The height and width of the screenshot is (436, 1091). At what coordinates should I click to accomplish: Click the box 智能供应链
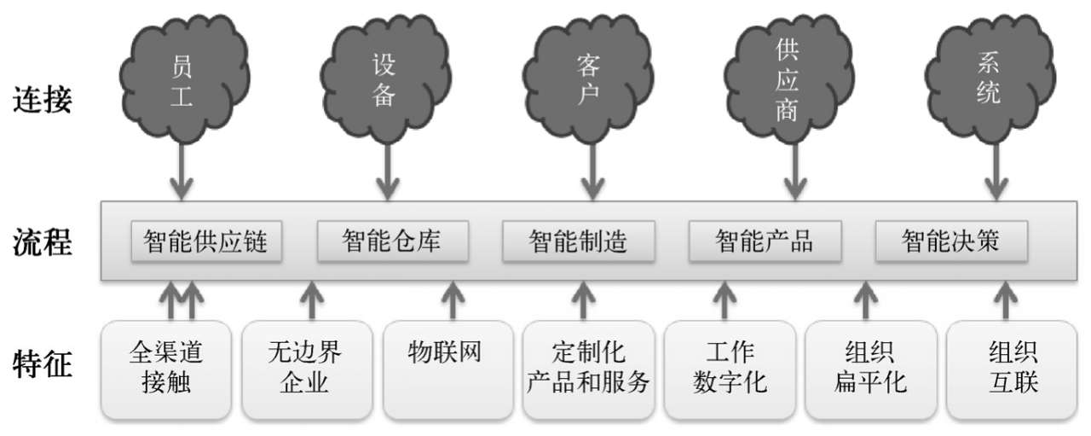coord(206,241)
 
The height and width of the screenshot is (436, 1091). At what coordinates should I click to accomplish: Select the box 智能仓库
coord(393,241)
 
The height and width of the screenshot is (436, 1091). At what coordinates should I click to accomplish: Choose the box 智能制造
coord(579,241)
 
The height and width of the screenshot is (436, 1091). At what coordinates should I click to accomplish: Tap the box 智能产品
coord(765,241)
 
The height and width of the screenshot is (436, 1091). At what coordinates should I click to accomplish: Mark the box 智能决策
coord(952,241)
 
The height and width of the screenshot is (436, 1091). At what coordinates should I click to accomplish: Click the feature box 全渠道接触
coord(166,369)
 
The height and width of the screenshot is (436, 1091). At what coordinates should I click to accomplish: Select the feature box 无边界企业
coord(308,369)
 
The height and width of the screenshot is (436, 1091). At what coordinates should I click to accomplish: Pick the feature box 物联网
coord(448,369)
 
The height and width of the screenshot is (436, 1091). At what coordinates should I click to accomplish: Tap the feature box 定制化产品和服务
coord(588,369)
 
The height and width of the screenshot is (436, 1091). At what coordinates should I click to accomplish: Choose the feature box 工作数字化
coord(730,369)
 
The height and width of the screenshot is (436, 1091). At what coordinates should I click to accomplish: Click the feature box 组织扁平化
coord(871,369)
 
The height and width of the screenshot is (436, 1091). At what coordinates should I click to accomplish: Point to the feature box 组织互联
coord(1012,369)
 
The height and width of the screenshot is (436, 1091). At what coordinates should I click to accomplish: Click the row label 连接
coord(43,100)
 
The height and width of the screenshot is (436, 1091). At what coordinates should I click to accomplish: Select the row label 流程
coord(43,242)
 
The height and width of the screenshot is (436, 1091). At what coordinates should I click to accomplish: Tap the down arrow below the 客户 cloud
coord(592,171)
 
